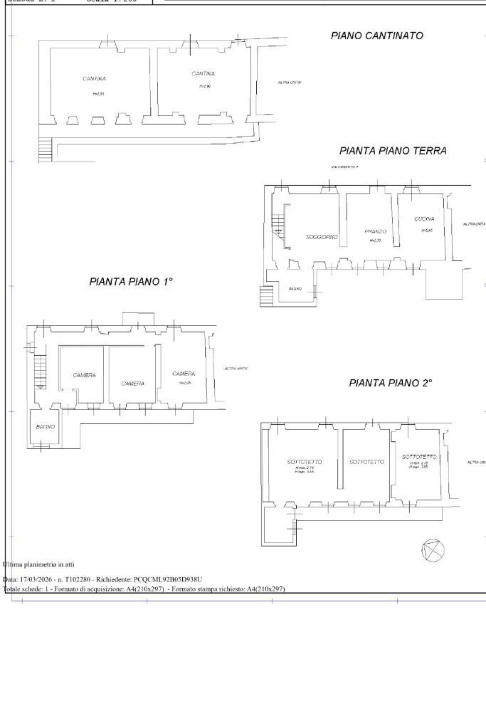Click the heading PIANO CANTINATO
[377, 36]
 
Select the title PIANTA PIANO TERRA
[393, 151]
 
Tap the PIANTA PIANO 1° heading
[131, 282]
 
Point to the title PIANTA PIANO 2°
[391, 383]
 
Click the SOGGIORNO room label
[322, 236]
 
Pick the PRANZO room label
[375, 232]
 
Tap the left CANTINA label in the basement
[94, 78]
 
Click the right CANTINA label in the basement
[203, 73]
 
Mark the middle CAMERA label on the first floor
[132, 384]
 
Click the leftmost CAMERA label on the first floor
[84, 375]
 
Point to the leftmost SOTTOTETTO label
[305, 462]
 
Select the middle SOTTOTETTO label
[366, 462]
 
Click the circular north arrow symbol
[433, 549]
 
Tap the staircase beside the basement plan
[46, 149]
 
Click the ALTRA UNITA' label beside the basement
[290, 83]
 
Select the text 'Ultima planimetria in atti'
[38, 564]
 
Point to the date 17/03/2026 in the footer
[36, 580]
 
